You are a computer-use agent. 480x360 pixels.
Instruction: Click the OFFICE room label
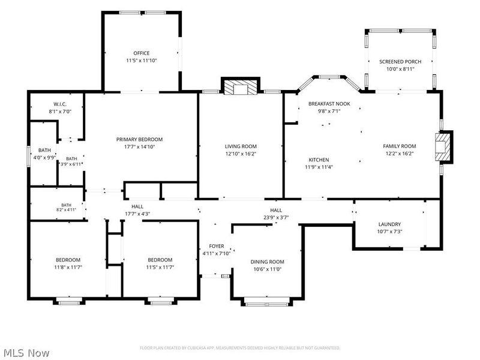tap(142, 53)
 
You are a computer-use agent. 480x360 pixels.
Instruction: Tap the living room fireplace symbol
tap(241, 87)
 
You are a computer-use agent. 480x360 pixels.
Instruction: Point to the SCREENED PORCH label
tap(400, 62)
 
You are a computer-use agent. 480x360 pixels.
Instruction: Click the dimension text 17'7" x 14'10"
tap(139, 146)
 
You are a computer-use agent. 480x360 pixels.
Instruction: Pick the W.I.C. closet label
tap(60, 104)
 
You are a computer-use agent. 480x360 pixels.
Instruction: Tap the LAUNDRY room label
tap(389, 224)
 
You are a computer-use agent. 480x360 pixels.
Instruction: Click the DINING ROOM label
tap(267, 262)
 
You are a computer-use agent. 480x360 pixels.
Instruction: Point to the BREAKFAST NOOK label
tap(329, 104)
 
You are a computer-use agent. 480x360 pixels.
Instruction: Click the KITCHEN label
tap(319, 160)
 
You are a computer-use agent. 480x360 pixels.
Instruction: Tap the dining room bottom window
tap(267, 304)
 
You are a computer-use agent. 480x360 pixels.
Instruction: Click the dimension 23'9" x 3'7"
tap(276, 218)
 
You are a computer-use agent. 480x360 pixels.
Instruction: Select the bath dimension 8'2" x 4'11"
tap(66, 209)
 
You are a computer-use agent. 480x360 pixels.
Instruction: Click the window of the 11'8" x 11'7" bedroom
tap(69, 303)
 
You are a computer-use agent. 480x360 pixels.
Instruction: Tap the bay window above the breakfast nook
tap(329, 77)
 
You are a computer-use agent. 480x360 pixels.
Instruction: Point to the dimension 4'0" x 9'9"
tap(44, 158)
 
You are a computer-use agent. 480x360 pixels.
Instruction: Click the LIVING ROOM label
tap(241, 146)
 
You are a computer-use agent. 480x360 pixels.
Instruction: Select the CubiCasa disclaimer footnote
tap(240, 348)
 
